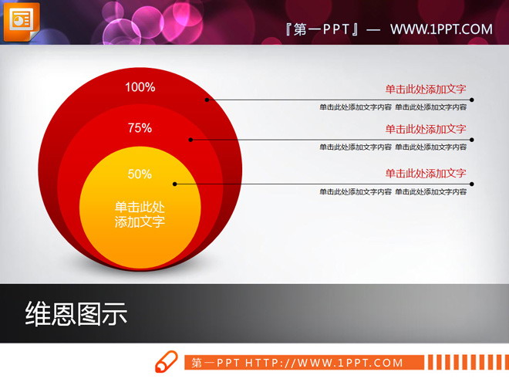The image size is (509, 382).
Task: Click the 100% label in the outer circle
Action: (x=140, y=87)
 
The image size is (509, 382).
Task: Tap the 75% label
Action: (x=140, y=128)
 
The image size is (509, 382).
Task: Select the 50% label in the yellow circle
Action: (x=140, y=174)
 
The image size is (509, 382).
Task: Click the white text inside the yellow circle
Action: (x=140, y=215)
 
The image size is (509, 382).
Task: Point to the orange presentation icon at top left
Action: (x=21, y=20)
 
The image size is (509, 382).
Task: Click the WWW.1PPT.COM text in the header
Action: (x=440, y=29)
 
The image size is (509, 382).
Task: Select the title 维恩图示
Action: (x=76, y=314)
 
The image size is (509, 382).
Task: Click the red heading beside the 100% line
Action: (x=426, y=89)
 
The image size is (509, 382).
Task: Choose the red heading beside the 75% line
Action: (x=426, y=129)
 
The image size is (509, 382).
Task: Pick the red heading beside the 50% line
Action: (x=426, y=173)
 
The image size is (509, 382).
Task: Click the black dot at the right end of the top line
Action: (x=472, y=100)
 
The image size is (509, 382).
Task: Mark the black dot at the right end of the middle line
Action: (x=472, y=140)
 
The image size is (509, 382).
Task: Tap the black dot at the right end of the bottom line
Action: (x=472, y=184)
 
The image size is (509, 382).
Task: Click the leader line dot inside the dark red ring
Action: (x=207, y=100)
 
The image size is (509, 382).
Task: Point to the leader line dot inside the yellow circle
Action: (x=175, y=184)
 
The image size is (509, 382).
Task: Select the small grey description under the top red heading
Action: (x=393, y=106)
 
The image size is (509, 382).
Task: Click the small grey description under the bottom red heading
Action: (x=393, y=191)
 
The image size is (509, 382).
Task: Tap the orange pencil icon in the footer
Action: (x=167, y=362)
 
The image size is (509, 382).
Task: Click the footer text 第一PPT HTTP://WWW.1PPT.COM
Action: (x=297, y=363)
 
